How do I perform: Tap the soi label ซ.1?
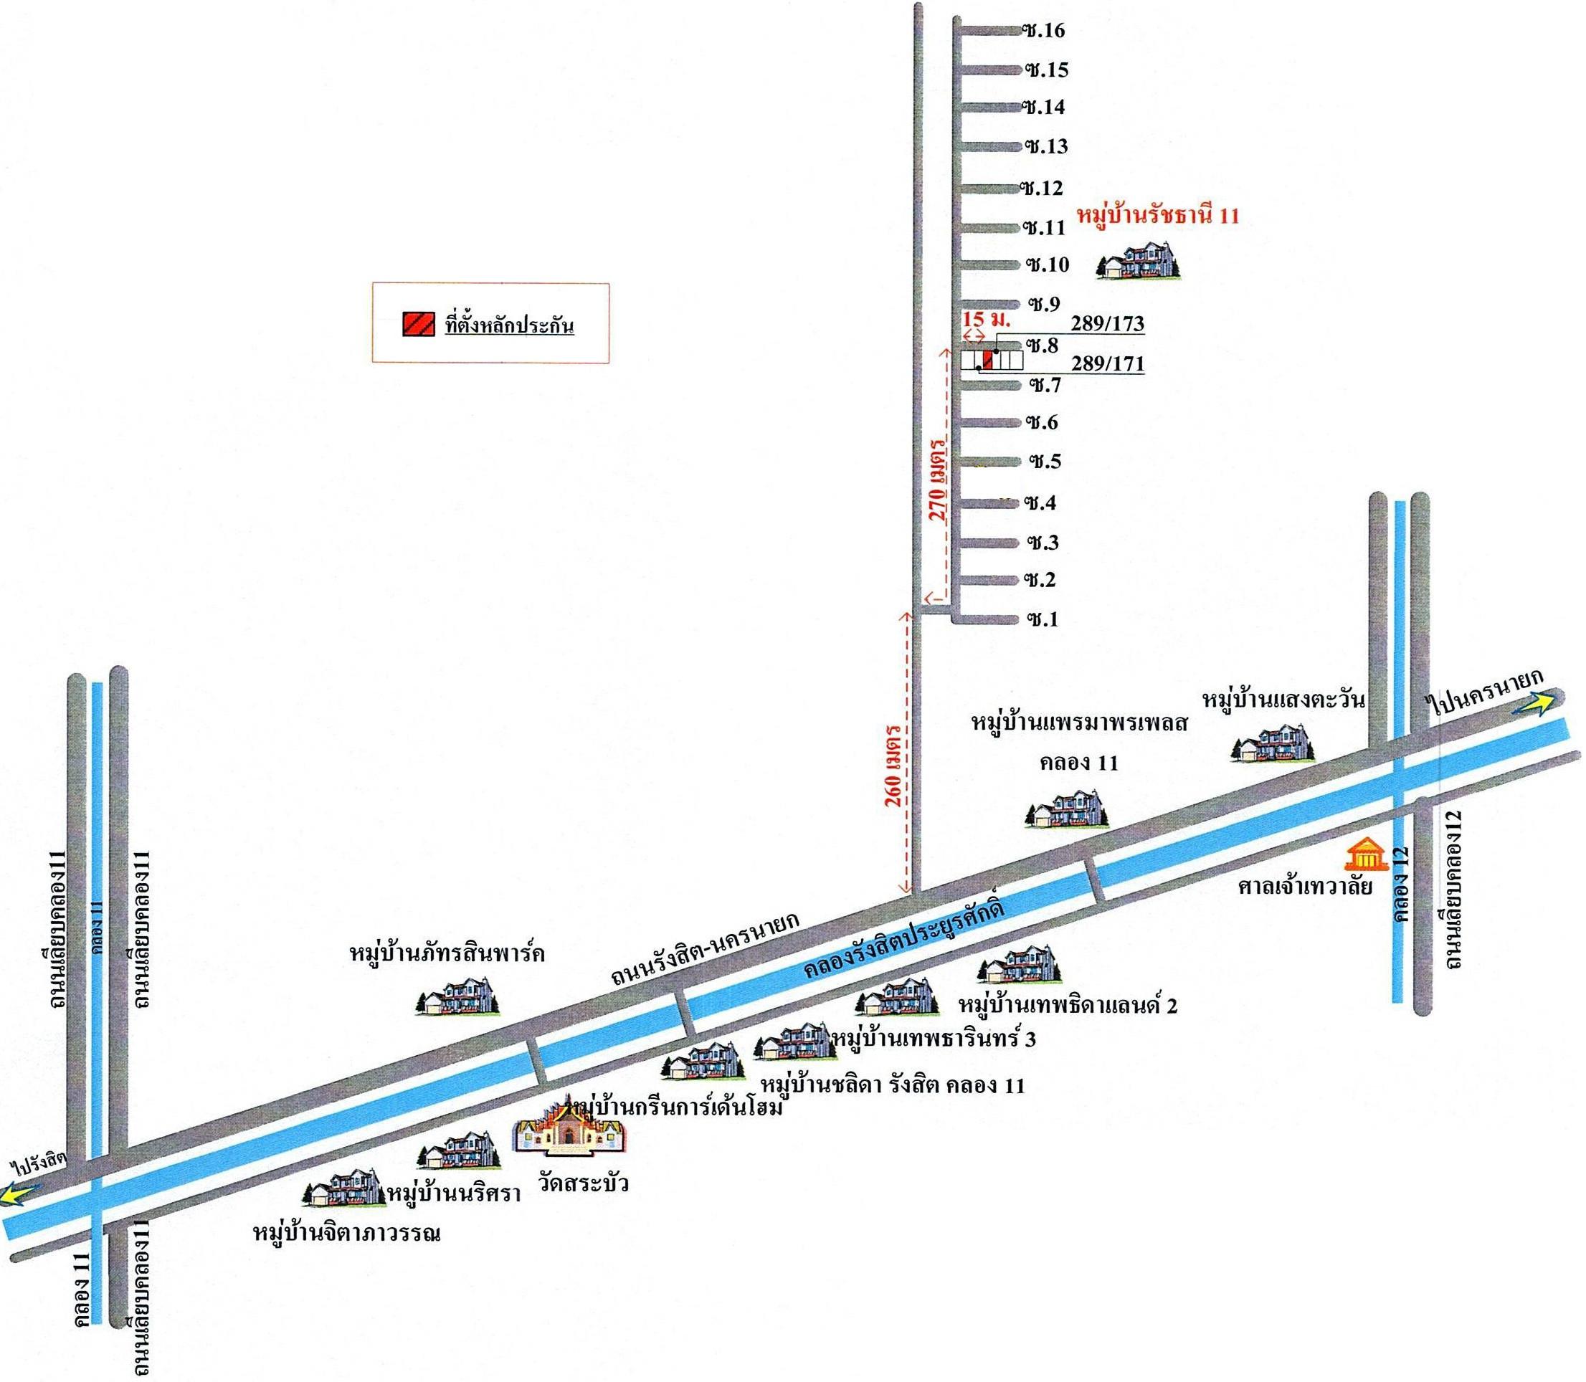(x=1043, y=620)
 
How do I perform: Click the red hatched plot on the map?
(x=987, y=359)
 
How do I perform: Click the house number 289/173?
(x=1108, y=324)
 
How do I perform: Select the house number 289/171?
(x=1108, y=363)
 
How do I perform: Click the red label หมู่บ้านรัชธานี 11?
(x=1157, y=216)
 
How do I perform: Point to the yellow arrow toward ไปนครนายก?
(x=1532, y=702)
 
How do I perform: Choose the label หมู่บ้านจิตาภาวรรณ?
(x=347, y=1233)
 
